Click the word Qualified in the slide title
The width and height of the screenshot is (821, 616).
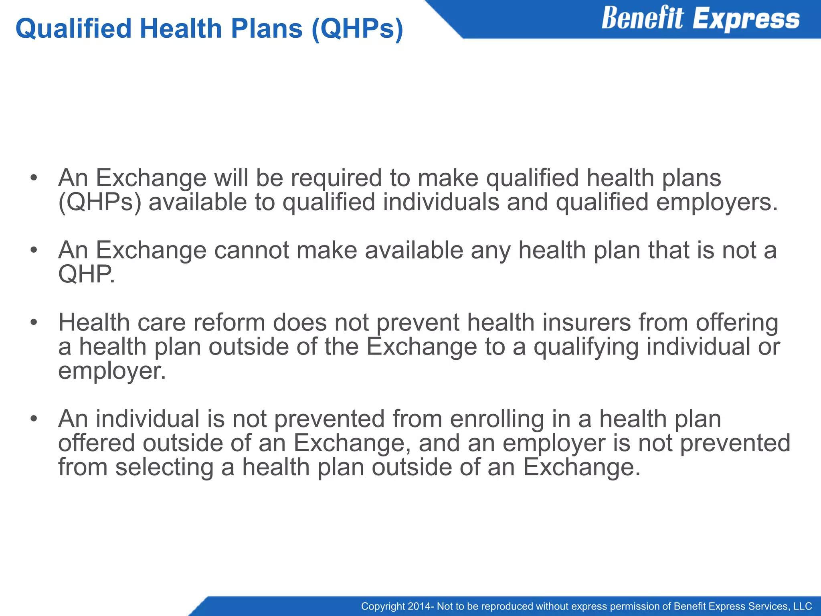pos(73,29)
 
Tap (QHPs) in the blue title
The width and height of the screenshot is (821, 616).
pos(357,29)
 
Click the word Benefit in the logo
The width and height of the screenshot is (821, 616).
pos(642,18)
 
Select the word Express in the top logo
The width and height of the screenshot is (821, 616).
pos(746,19)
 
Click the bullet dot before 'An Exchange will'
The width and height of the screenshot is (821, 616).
pos(34,178)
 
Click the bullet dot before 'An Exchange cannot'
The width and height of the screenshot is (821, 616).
pos(34,250)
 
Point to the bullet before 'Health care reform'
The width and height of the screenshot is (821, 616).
pos(34,322)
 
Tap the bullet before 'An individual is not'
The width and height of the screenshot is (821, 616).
pos(34,419)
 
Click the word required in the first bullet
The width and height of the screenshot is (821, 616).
pos(336,178)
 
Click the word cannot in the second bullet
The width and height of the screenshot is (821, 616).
pos(251,250)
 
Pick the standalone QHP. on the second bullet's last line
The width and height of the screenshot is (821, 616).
pos(87,275)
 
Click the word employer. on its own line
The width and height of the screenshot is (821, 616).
pos(112,371)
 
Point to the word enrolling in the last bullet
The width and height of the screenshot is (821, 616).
pos(497,419)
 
